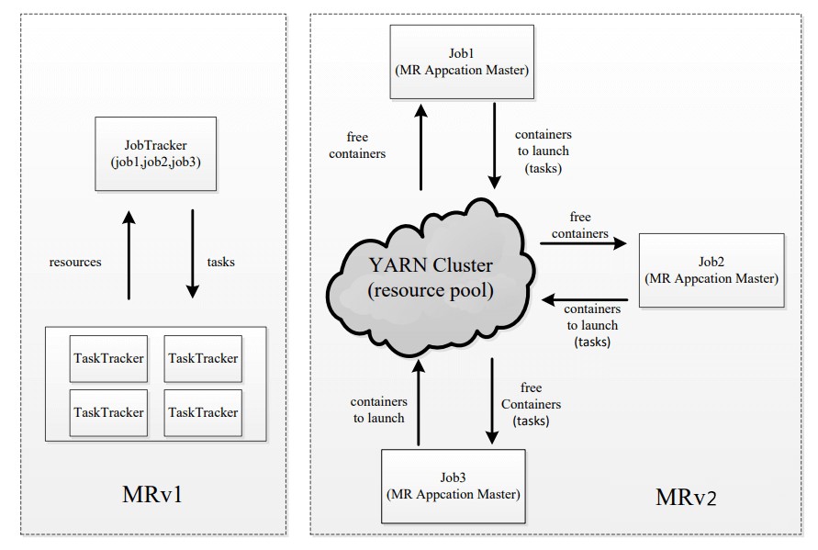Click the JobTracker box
(155, 153)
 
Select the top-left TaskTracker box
(108, 358)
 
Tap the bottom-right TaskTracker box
(203, 412)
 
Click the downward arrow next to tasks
(193, 253)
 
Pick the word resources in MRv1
(75, 262)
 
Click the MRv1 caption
(152, 491)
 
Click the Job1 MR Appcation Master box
(461, 62)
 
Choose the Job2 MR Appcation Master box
(712, 270)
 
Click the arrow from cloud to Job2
(582, 243)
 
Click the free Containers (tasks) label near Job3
(531, 404)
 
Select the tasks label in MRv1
(221, 262)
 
